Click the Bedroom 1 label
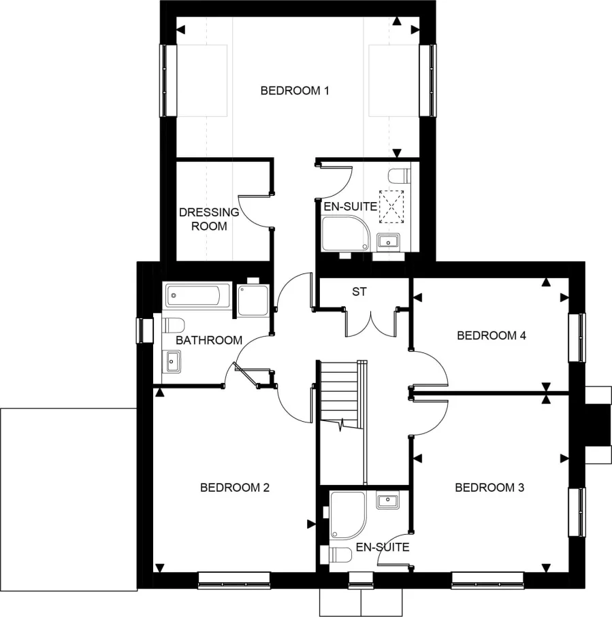click(x=295, y=90)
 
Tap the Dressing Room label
click(x=209, y=219)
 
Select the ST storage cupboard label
click(x=359, y=292)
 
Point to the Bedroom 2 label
click(x=235, y=488)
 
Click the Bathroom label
click(x=209, y=340)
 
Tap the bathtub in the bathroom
click(x=193, y=296)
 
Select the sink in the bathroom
click(x=172, y=361)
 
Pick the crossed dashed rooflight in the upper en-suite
click(x=391, y=207)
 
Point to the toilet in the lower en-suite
click(x=340, y=556)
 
